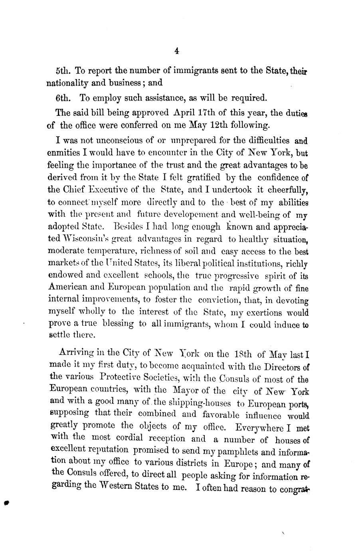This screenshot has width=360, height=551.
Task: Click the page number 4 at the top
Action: (x=177, y=51)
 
